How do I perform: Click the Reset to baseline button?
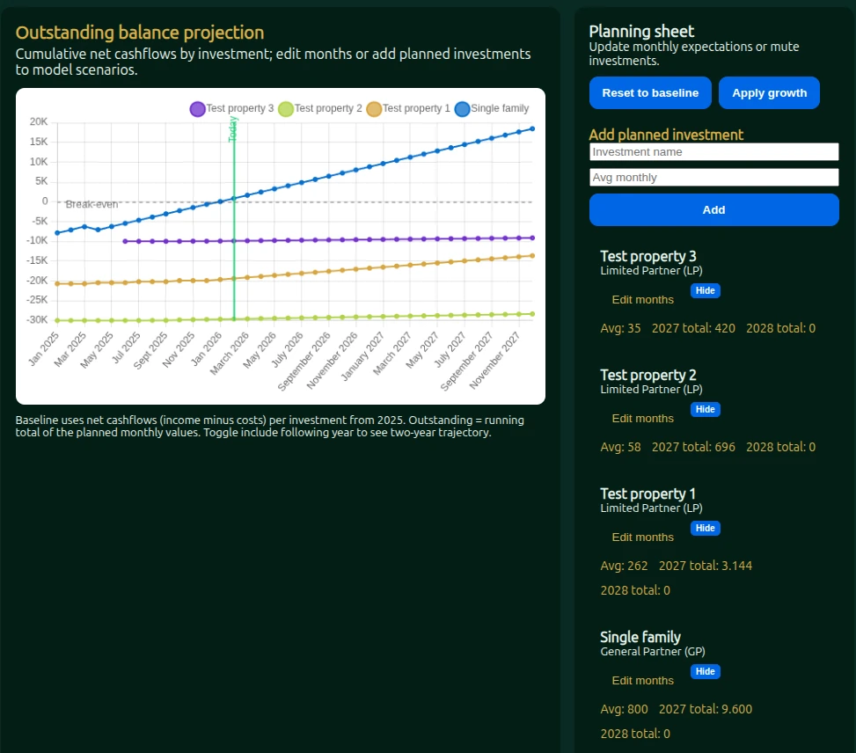coord(650,93)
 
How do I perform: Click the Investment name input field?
coord(713,152)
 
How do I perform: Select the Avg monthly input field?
coord(713,178)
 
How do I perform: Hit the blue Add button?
coord(713,210)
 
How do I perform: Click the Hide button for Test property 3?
coord(705,291)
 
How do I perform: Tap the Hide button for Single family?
coord(705,672)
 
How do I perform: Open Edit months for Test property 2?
coord(642,419)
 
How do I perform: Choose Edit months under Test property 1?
coord(642,537)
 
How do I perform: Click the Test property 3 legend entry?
coord(231,109)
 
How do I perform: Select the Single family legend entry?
coord(493,109)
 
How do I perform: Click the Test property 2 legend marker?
coord(286,109)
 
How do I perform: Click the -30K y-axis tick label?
coord(37,320)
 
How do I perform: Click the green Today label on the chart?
coord(233,129)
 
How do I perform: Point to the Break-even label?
coord(91,205)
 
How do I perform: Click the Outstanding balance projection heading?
coord(140,33)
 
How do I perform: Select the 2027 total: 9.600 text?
coord(706,710)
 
